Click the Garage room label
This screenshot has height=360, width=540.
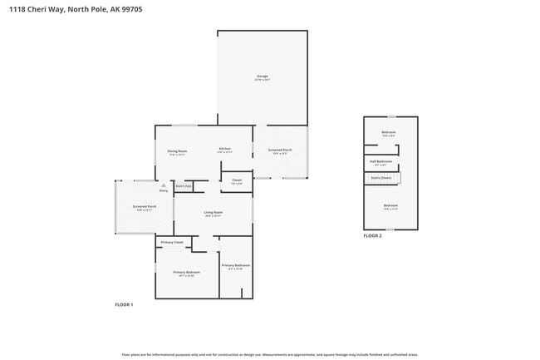click(x=262, y=76)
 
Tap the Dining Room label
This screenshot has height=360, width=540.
click(x=177, y=151)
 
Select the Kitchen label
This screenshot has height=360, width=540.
click(x=224, y=149)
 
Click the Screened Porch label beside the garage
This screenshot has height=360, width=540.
click(x=280, y=150)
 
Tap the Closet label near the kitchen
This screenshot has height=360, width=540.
click(x=237, y=180)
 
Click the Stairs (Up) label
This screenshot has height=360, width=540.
click(x=184, y=186)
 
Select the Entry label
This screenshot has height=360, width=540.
click(x=164, y=191)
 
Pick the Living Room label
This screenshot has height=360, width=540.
click(x=214, y=213)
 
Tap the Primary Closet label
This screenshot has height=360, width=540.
click(x=172, y=242)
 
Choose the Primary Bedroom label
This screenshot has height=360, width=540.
click(x=186, y=273)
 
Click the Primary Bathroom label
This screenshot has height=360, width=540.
click(x=236, y=265)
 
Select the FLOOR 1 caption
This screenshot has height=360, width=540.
click(x=124, y=304)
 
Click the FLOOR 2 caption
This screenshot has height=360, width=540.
click(x=372, y=236)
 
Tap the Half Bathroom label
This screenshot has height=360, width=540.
click(x=380, y=161)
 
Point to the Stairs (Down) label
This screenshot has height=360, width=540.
click(x=380, y=177)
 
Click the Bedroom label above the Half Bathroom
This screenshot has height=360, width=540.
click(x=388, y=132)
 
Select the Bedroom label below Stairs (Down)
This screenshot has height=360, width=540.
click(x=390, y=205)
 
